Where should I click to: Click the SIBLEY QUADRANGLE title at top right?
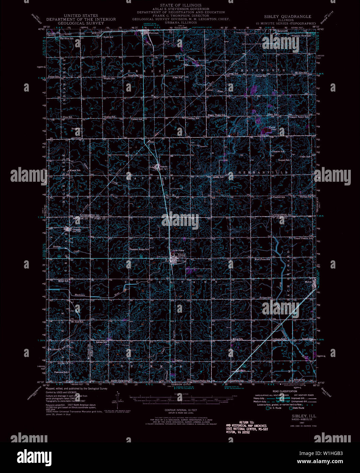click(287, 16)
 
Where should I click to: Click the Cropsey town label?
click(76, 230)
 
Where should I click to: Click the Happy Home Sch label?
click(217, 115)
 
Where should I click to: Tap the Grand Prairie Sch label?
click(303, 238)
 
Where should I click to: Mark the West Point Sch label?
click(262, 259)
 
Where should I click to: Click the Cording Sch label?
click(192, 118)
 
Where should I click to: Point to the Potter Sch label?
click(54, 77)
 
